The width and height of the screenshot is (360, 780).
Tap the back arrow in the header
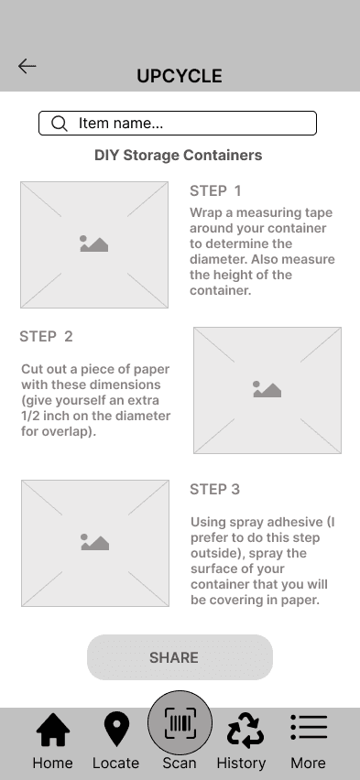coord(27,66)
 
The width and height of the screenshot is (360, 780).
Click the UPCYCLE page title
coord(180,76)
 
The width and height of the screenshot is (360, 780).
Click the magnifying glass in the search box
coord(60,124)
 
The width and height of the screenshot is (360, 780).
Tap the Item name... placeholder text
coord(121,123)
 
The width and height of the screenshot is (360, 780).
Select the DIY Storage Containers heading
coord(179,156)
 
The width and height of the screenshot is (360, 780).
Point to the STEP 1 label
coord(215,190)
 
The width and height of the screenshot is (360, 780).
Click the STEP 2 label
coord(46,336)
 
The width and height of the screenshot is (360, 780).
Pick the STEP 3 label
coord(214,489)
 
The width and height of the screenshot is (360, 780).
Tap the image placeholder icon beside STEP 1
coord(94,244)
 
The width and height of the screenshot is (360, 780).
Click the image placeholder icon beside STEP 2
coord(267,389)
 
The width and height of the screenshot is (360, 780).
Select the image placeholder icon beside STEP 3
coord(95,542)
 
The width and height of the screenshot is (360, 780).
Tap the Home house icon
coord(53,730)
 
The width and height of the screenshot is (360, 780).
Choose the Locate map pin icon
coord(116,730)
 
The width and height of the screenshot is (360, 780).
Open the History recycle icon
coord(245,731)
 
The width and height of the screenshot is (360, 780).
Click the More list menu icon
coord(309,727)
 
